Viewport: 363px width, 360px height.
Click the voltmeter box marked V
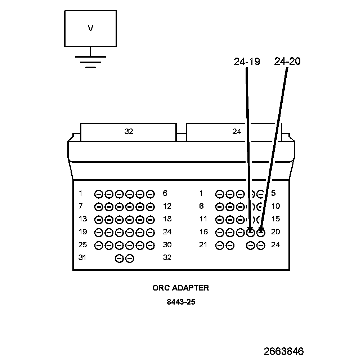click(x=90, y=28)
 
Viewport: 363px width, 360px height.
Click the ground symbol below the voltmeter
click(x=90, y=62)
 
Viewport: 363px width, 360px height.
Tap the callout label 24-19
click(x=247, y=62)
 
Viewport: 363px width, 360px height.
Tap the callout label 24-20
click(x=287, y=62)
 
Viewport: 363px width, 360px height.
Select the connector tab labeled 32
click(x=129, y=132)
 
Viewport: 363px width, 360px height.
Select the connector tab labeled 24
click(x=236, y=132)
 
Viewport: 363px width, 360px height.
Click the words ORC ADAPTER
click(x=181, y=288)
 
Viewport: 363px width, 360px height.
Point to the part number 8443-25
click(x=181, y=302)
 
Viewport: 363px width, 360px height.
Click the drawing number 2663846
click(x=283, y=351)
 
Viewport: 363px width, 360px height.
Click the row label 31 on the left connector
click(x=83, y=258)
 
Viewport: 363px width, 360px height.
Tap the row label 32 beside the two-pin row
click(x=167, y=258)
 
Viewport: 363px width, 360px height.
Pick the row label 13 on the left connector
click(x=83, y=219)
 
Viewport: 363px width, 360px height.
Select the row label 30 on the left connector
click(x=167, y=245)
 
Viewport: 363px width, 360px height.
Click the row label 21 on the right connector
click(x=203, y=245)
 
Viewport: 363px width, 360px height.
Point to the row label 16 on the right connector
click(x=203, y=232)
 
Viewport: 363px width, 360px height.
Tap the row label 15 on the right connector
click(x=275, y=219)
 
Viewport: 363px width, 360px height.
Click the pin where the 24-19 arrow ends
click(x=251, y=233)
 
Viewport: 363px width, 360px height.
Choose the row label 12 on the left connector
click(x=167, y=206)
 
